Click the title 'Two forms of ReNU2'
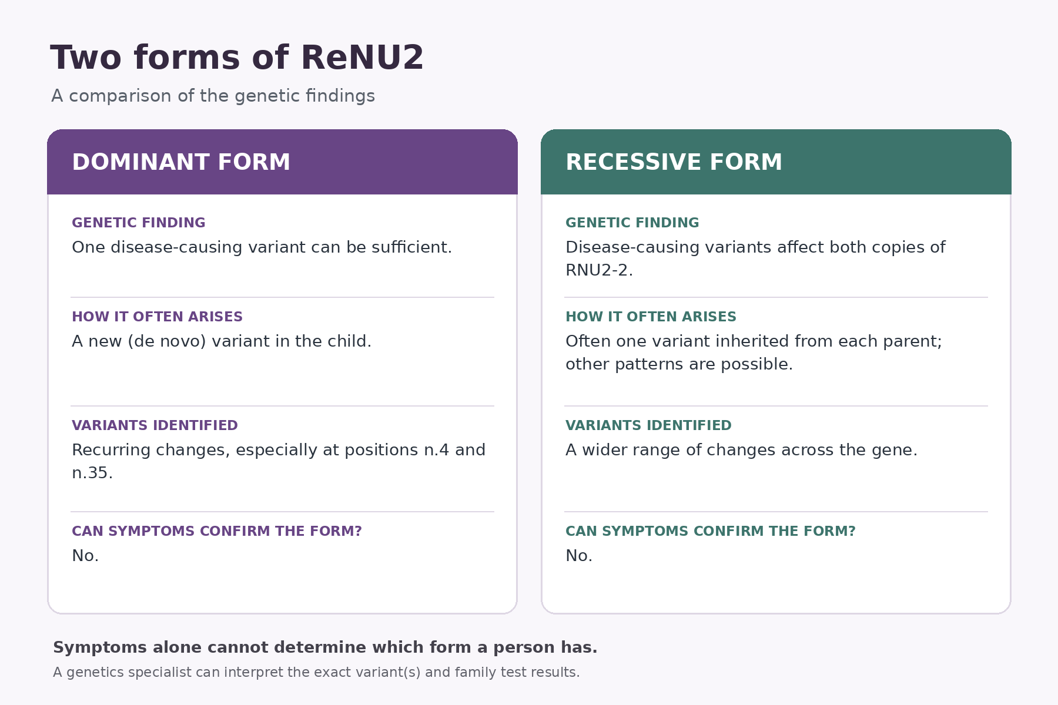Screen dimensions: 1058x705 [237, 58]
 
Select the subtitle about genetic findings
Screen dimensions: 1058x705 [213, 96]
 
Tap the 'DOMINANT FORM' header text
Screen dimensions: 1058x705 [181, 162]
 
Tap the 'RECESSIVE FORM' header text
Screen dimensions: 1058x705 [674, 162]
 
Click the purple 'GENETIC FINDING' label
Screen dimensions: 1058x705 [139, 223]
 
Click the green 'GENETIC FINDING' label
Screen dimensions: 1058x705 [632, 223]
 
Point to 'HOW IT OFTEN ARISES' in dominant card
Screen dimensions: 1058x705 [157, 317]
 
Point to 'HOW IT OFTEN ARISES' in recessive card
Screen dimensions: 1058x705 [651, 317]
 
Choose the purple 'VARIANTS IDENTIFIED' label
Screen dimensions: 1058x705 [155, 425]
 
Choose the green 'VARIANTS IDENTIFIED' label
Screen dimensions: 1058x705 [648, 425]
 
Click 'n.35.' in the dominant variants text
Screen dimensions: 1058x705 [92, 473]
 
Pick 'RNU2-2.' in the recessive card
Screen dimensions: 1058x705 [599, 270]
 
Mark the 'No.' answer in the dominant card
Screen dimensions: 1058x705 [85, 556]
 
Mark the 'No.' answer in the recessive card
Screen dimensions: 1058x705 [579, 556]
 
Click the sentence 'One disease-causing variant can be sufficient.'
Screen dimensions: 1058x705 [262, 247]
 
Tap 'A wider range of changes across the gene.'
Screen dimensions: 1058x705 [741, 450]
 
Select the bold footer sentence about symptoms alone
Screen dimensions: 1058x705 [325, 647]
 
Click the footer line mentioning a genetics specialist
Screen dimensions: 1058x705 [316, 672]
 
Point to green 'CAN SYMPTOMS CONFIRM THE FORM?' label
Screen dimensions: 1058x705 [710, 531]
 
